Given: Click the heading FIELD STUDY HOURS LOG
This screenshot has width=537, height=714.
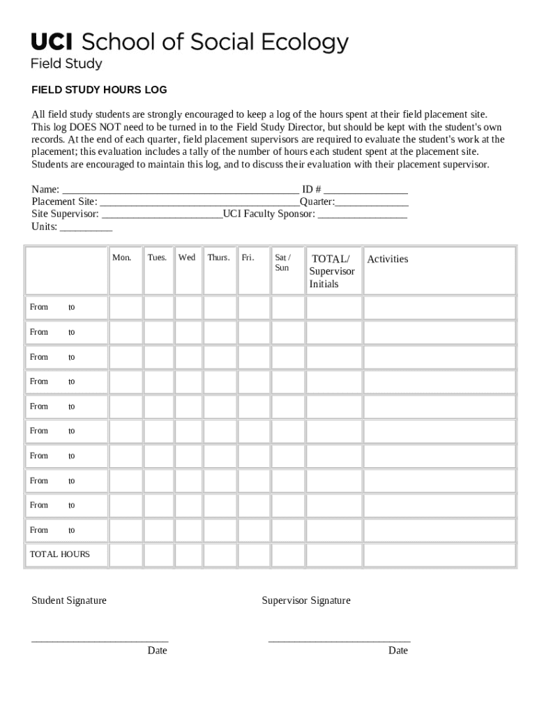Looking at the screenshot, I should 99,90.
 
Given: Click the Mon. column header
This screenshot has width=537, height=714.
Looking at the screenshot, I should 122,258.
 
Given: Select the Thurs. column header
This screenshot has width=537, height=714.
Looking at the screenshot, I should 218,258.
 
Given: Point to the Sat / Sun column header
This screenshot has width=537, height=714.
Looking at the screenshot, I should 282,263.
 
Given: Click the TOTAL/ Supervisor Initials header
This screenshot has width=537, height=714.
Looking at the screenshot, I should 333,271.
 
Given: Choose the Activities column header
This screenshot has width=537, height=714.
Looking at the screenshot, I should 388,259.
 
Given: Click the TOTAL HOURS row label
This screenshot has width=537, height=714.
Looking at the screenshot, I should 60,554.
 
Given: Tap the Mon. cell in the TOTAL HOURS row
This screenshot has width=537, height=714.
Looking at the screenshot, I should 126,555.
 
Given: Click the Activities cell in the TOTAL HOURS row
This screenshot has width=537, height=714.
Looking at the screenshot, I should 439,555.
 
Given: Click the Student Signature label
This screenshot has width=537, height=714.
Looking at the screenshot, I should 69,600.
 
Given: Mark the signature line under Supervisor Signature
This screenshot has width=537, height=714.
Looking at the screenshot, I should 339,640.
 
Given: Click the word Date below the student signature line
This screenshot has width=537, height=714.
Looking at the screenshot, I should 157,651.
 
